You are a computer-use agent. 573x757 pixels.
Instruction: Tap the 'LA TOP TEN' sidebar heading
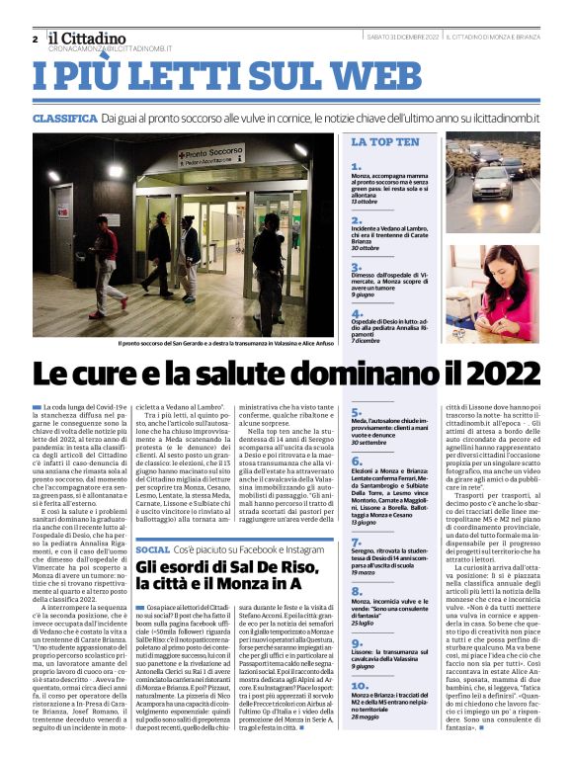[385, 142]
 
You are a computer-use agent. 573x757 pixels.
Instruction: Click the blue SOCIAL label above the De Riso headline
[153, 548]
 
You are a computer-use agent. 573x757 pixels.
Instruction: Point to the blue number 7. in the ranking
[357, 543]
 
